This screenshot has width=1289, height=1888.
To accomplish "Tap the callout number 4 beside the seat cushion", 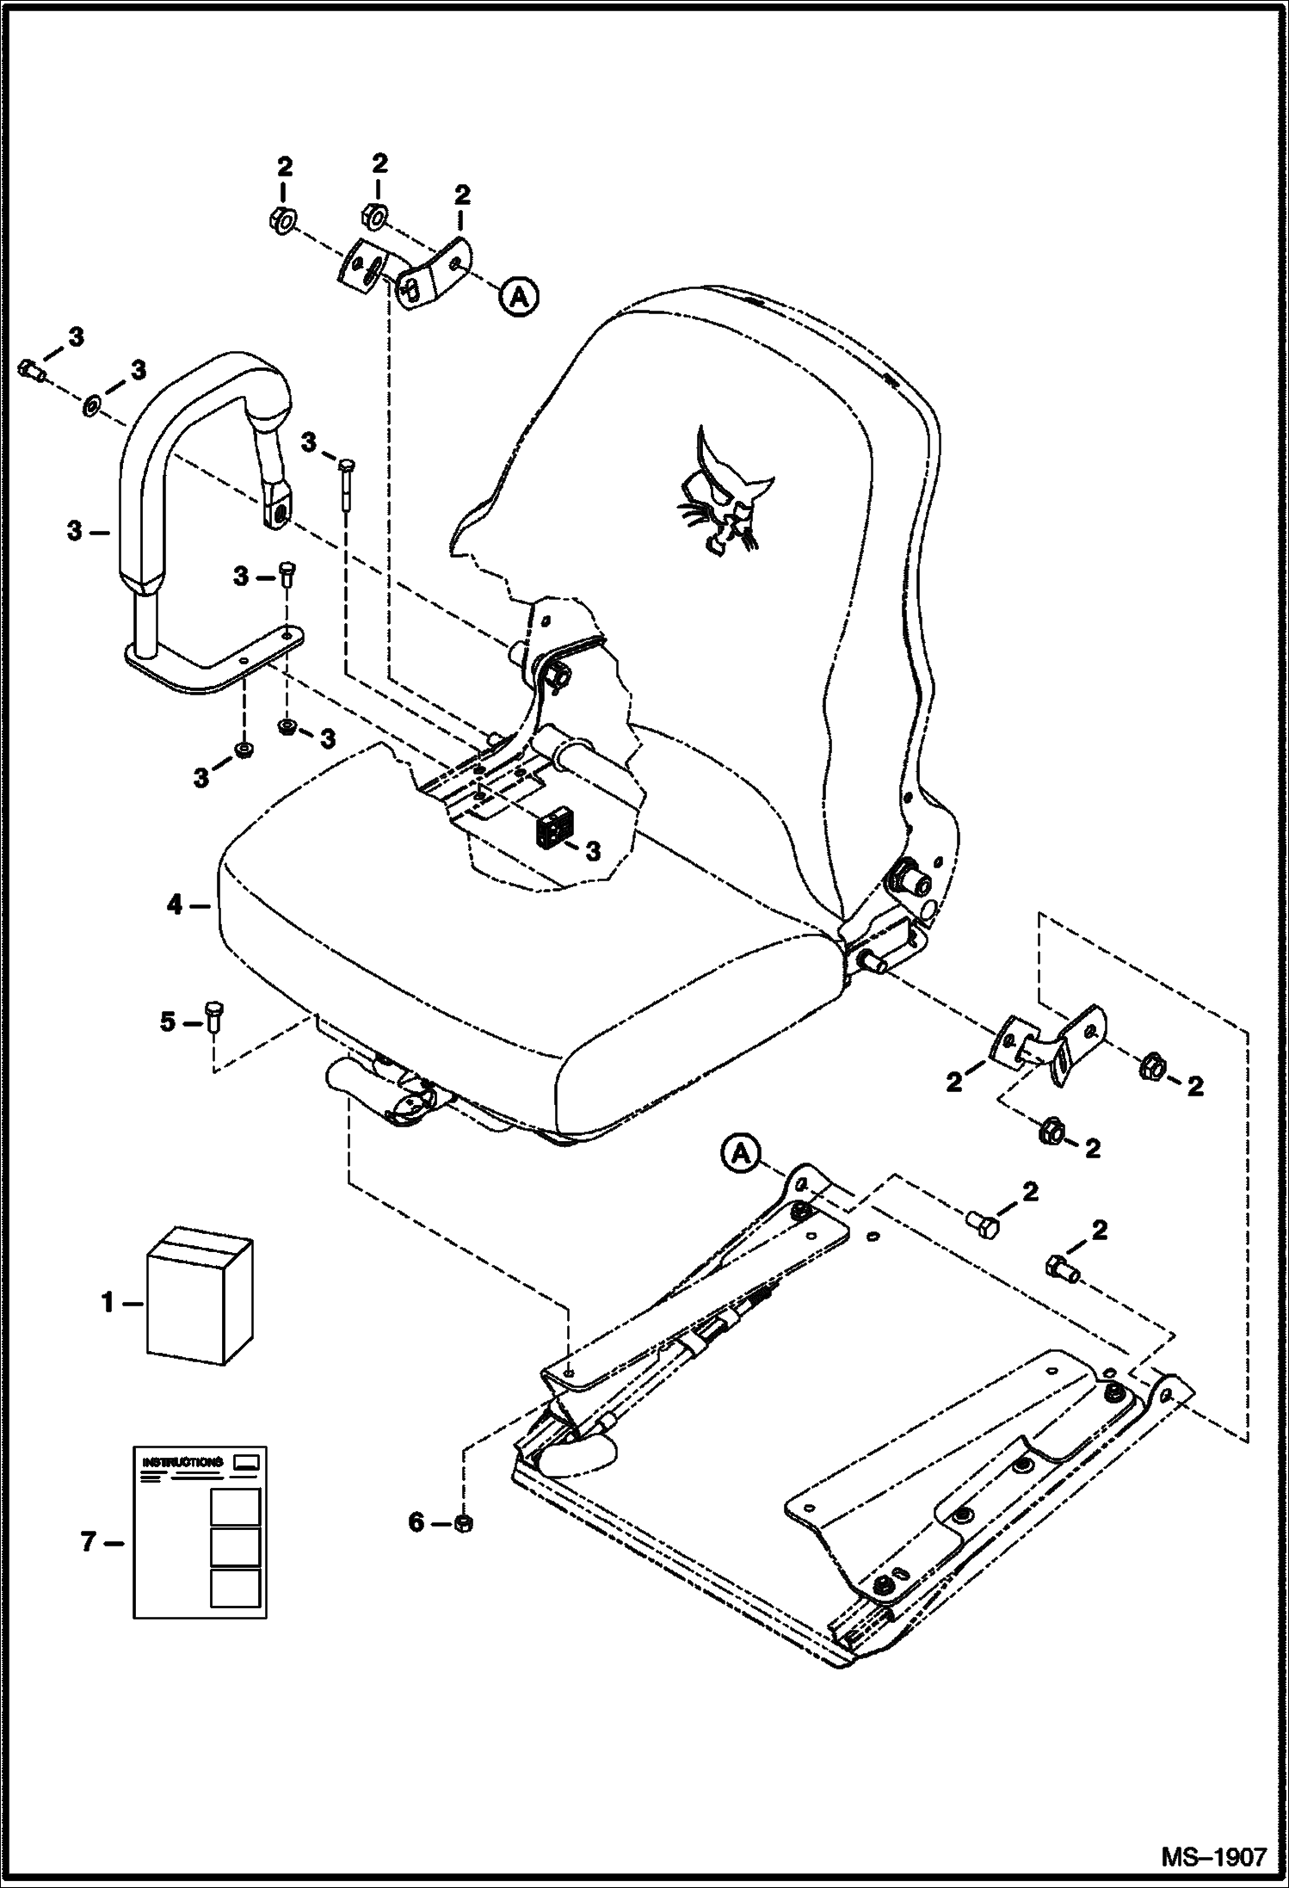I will [x=175, y=905].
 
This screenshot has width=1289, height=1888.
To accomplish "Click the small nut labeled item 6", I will [x=462, y=1524].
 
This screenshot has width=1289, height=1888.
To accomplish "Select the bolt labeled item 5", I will [x=213, y=1015].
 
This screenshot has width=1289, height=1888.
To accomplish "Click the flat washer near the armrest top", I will [x=90, y=403].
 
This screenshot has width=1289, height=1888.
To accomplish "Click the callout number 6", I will [x=416, y=1523].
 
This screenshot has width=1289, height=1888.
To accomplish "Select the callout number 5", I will [x=167, y=1021].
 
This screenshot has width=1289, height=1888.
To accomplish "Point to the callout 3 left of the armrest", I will [x=76, y=532].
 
